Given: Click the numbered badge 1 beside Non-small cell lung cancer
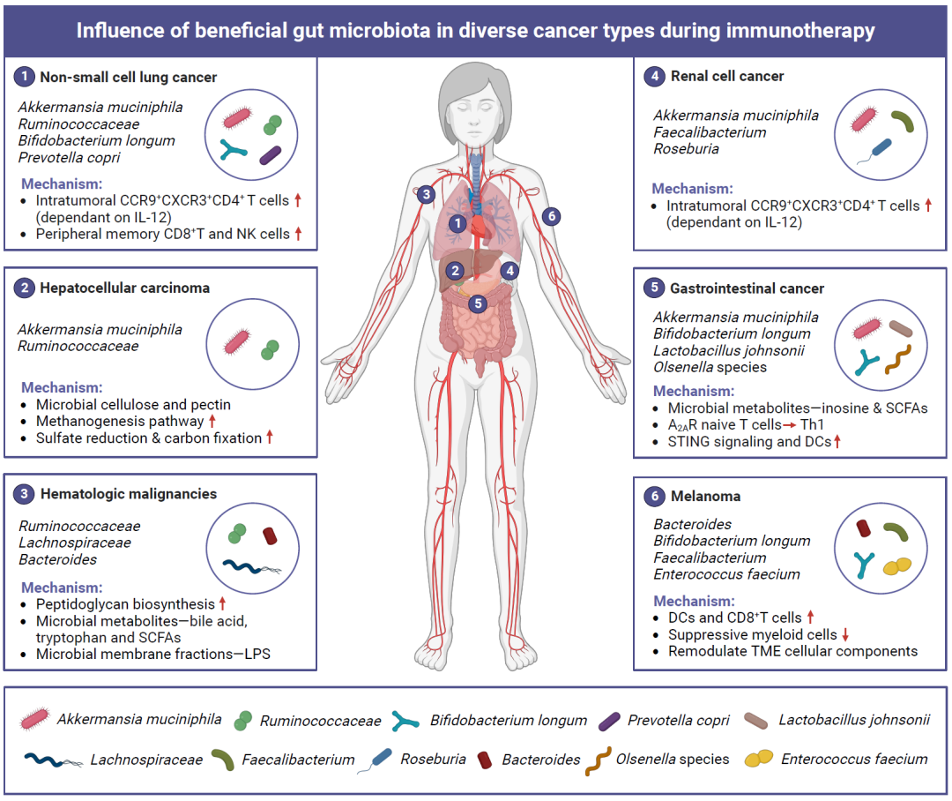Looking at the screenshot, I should point(25,77).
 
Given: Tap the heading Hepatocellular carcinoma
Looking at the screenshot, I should point(125,288).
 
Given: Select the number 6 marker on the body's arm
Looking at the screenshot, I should point(551,215).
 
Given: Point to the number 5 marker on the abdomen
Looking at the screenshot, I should point(478,303).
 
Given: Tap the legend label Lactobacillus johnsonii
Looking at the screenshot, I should point(853,720).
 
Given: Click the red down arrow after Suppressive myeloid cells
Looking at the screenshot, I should point(844,634).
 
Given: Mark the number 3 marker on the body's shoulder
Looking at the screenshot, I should point(426,193).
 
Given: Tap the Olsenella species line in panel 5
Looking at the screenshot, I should point(710,367).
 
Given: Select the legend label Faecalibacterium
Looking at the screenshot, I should point(298,760).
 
